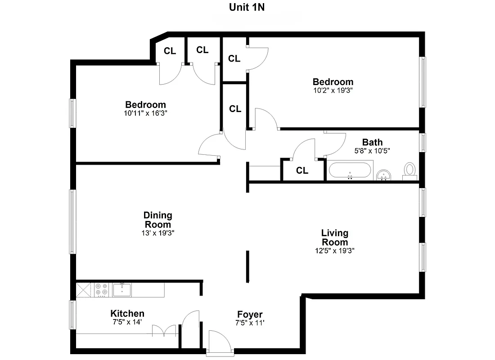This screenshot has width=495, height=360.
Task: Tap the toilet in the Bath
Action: [x=409, y=171]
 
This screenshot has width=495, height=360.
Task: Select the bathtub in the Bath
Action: [x=350, y=171]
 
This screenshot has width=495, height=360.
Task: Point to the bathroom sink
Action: [x=383, y=174]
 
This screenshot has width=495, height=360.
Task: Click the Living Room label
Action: [x=334, y=238]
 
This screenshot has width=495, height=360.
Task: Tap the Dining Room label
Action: [x=157, y=220]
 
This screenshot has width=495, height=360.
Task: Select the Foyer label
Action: [x=250, y=315]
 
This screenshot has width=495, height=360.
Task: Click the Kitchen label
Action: [x=127, y=314]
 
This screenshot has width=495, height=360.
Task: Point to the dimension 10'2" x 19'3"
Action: [x=333, y=90]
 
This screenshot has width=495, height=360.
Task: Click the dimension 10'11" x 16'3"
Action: [x=145, y=113]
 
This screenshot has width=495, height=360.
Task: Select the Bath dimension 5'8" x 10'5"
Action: [x=372, y=151]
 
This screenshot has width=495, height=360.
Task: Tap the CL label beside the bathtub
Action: [x=302, y=171]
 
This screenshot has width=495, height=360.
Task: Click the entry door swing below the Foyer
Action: [x=219, y=340]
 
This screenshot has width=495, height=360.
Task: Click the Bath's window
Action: [x=423, y=143]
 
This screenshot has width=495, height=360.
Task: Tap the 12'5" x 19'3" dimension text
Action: [x=334, y=251]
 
